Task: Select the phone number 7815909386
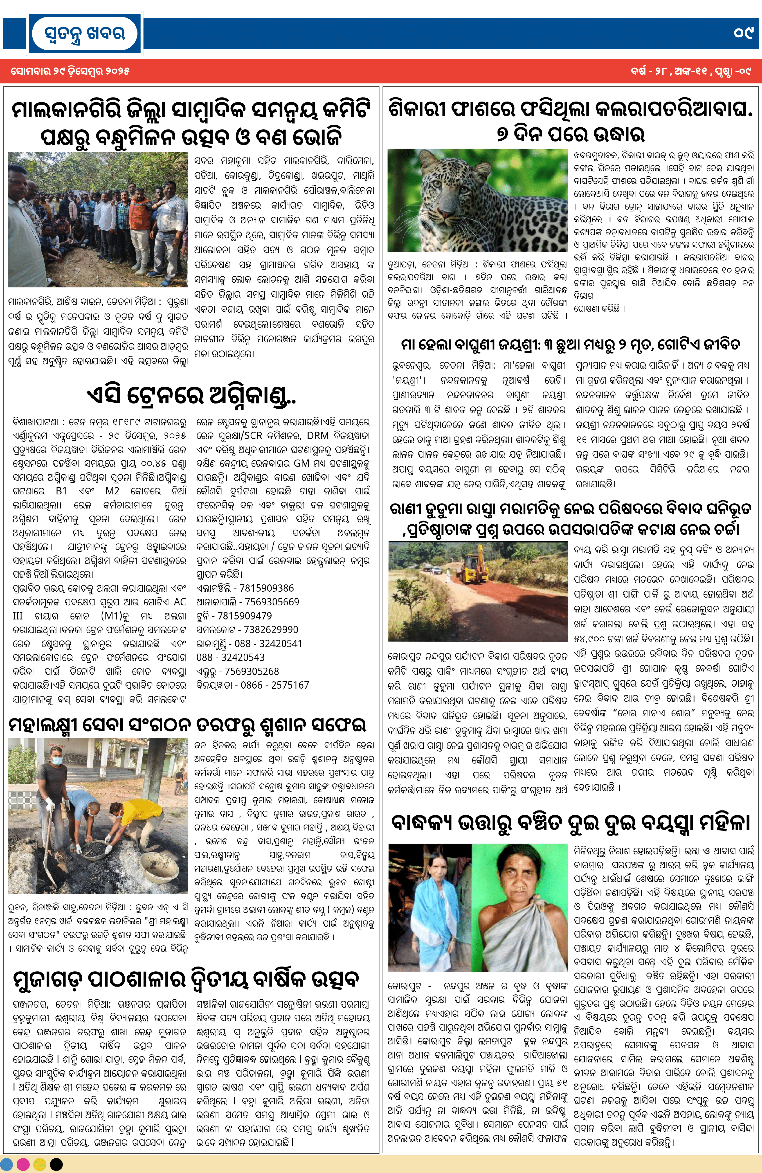[266, 588]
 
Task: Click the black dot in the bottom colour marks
[57, 1164]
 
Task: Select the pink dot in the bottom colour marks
[23, 1164]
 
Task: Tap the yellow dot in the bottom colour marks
[40, 1164]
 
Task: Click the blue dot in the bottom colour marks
[7, 1164]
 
